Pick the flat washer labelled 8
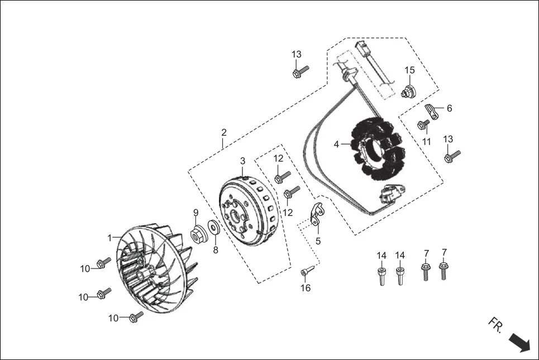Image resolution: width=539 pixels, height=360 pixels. coord(214,228)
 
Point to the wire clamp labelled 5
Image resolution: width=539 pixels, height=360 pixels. coord(317,215)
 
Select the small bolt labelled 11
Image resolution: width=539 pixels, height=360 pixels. coord(423,124)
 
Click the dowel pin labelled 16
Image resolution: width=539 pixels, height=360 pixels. coord(306,272)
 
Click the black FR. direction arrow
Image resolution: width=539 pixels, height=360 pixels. coord(519,343)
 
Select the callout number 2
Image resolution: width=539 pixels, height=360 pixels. coord(224,133)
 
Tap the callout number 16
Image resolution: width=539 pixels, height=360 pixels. coord(306,288)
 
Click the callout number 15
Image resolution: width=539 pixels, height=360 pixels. coord(410,70)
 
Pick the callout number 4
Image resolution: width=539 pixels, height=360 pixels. coord(337,145)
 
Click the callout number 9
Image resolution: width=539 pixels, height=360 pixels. coord(196,212)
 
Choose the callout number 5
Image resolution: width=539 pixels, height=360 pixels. coord(318,241)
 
